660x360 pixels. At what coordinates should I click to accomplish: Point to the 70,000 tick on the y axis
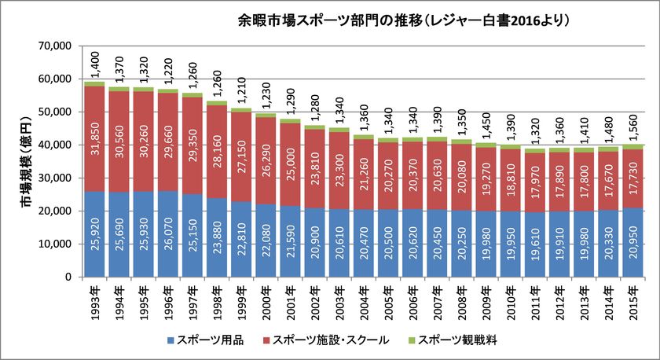[56, 46]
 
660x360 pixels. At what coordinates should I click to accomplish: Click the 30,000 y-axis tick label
[56, 178]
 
